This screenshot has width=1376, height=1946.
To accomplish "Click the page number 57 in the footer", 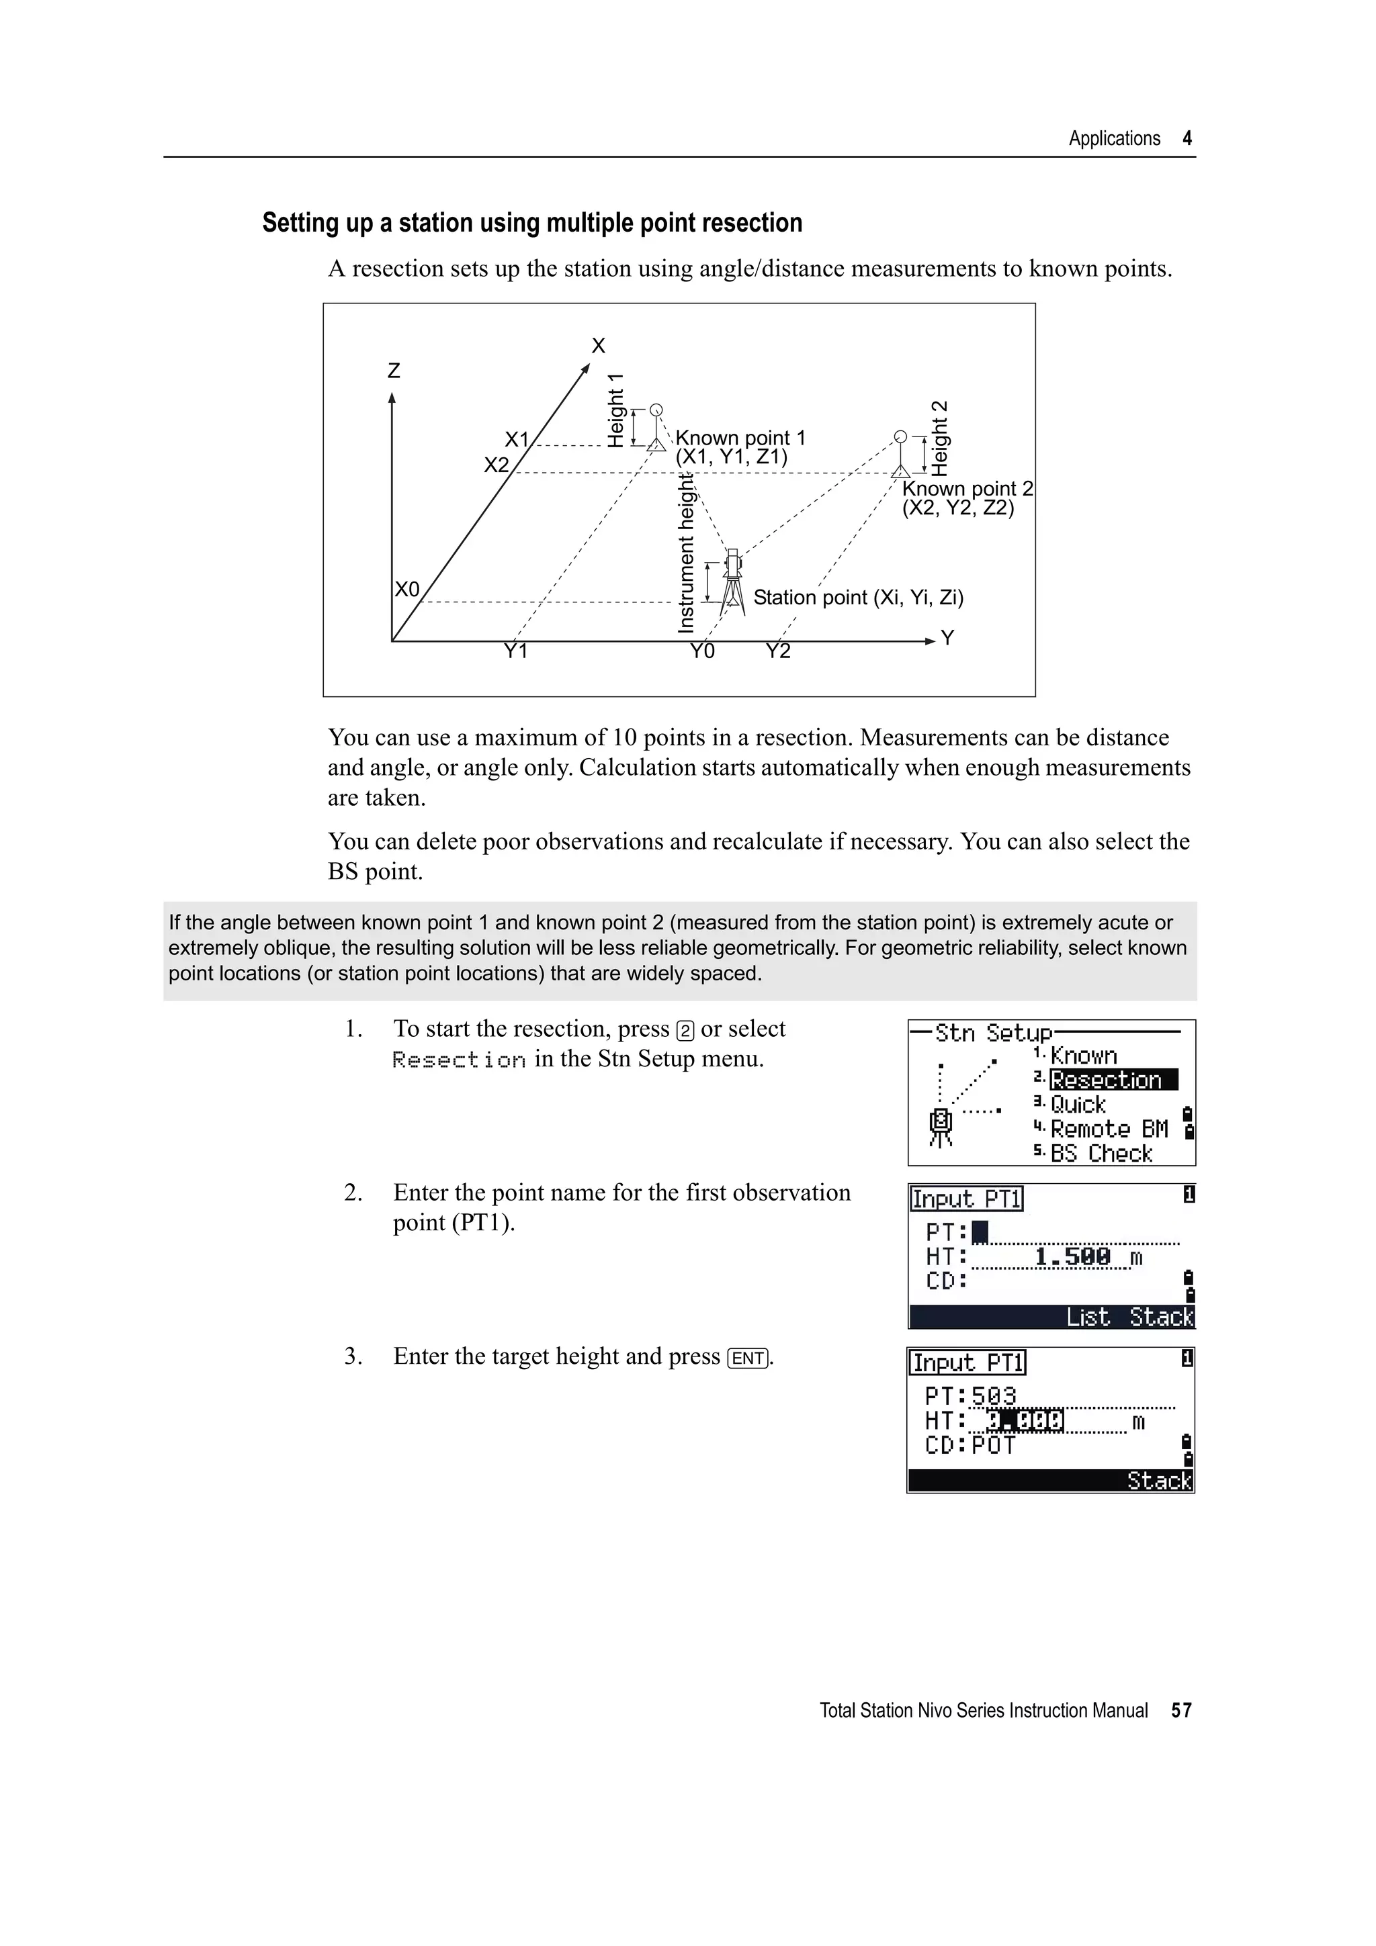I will click(1181, 1710).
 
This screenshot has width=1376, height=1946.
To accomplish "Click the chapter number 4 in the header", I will click(1187, 139).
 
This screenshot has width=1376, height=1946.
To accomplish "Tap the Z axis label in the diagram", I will click(394, 371).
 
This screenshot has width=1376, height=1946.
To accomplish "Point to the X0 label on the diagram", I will click(407, 589).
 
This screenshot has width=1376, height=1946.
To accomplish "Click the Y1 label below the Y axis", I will click(515, 651).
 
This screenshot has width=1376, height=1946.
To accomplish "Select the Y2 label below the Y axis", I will click(777, 651).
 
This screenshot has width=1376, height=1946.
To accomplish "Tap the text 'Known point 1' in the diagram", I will click(740, 438).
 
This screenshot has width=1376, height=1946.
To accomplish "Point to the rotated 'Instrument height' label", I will click(687, 553).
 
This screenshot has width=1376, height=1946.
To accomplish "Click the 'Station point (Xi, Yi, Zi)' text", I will click(858, 598).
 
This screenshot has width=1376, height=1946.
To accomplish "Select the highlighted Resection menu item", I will click(1113, 1080).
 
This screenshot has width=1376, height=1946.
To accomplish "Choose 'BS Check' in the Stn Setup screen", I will click(1101, 1154).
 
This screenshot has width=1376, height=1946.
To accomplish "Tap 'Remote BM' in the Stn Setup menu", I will click(1109, 1129).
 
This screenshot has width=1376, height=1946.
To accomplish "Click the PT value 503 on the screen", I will click(994, 1395).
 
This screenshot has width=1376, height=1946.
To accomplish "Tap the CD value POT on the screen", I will click(994, 1445).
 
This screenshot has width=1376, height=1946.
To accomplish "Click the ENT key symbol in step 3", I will click(748, 1358).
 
